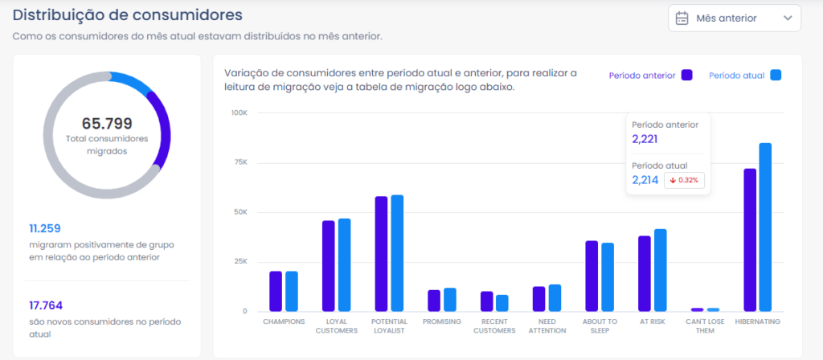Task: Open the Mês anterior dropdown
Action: click(734, 18)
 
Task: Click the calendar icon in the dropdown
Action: click(682, 18)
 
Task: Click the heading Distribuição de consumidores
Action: click(128, 14)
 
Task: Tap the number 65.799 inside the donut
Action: click(107, 124)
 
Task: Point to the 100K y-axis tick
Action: click(239, 112)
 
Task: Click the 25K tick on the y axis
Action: click(240, 261)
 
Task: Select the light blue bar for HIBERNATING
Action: click(765, 227)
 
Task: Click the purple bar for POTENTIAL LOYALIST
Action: click(381, 254)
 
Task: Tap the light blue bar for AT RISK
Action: click(661, 270)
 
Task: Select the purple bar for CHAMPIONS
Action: click(276, 291)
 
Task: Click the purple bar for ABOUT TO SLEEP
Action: click(592, 276)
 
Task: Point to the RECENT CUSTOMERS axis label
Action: click(493, 325)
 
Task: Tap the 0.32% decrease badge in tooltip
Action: click(684, 180)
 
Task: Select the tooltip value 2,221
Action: click(645, 139)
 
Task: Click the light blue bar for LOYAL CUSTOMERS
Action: click(344, 264)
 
